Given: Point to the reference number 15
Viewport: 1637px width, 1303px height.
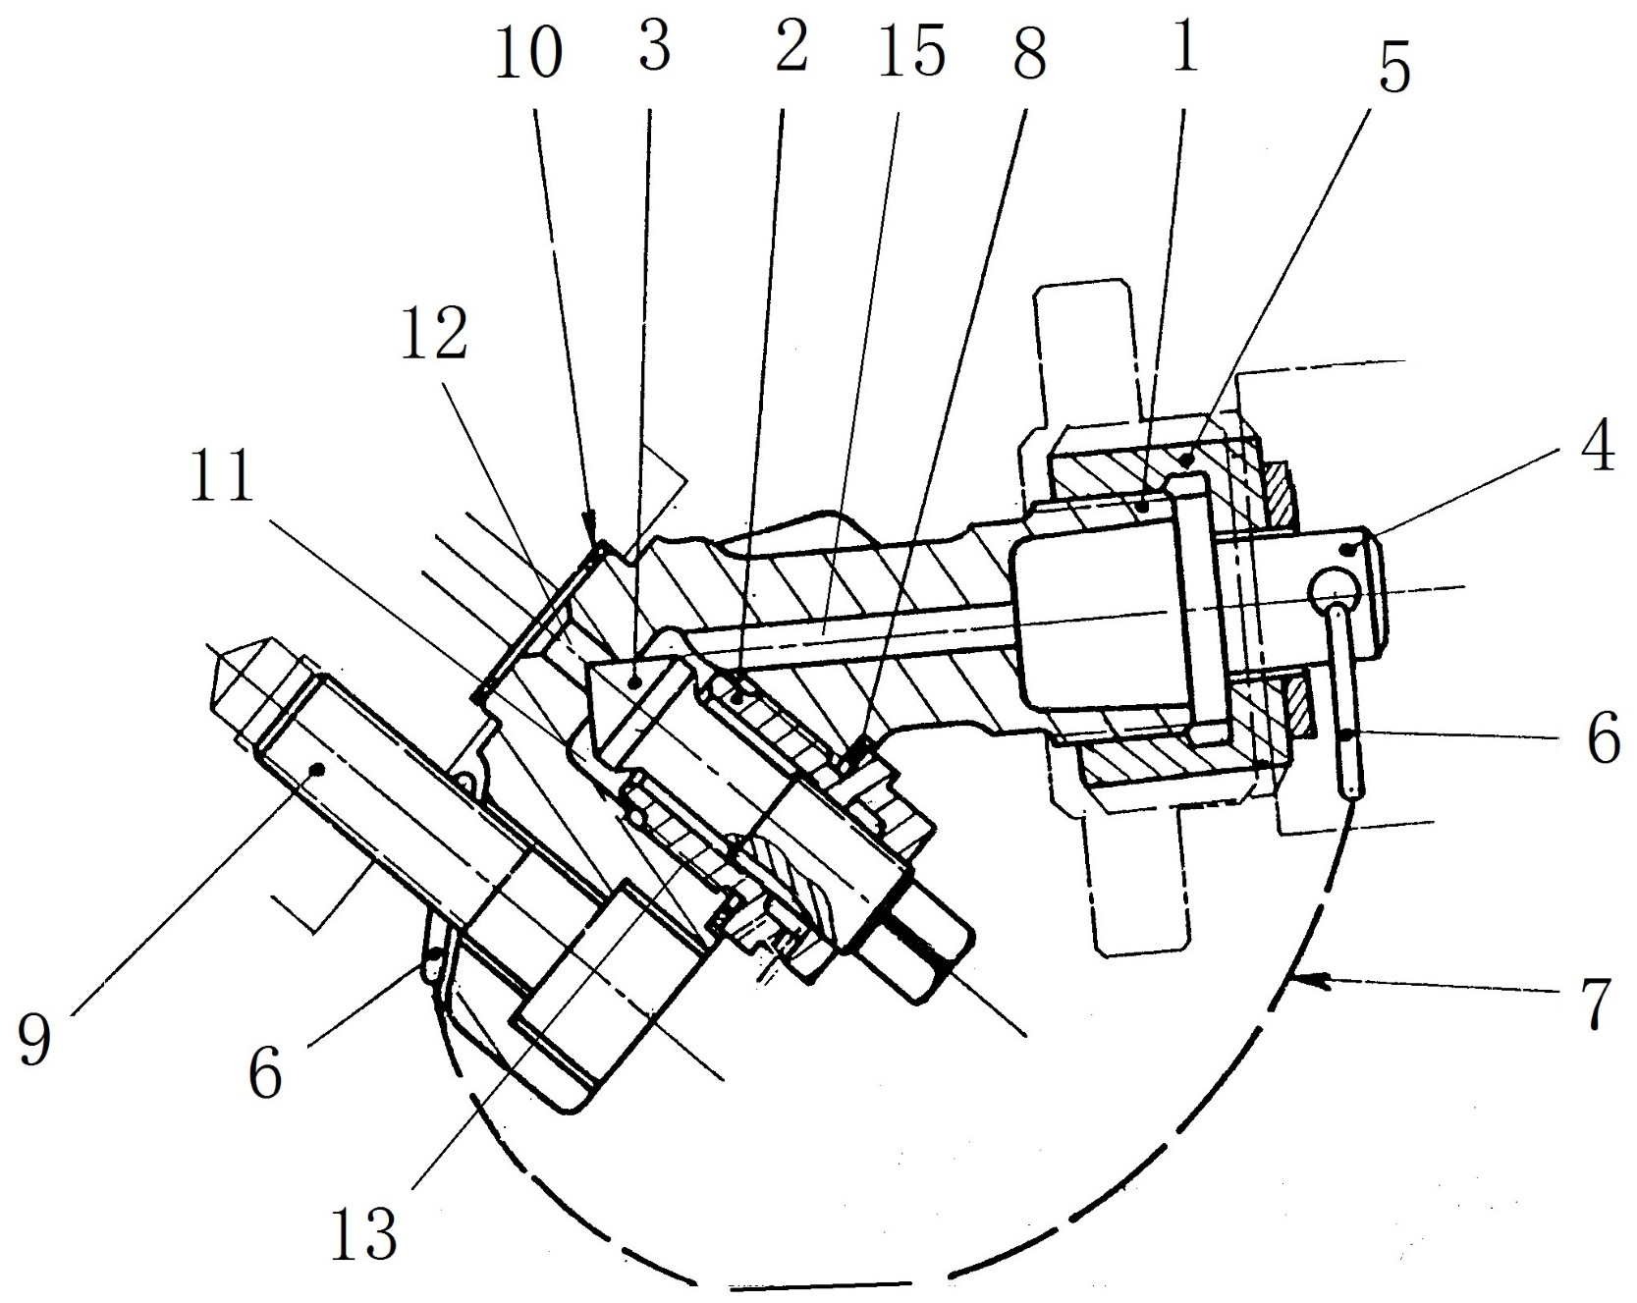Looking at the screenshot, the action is (912, 50).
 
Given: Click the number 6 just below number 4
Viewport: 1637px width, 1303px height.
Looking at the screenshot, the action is (1604, 738).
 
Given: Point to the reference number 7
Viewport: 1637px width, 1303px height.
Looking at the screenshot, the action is (1597, 1003).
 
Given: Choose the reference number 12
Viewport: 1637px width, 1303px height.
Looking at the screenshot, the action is (433, 334).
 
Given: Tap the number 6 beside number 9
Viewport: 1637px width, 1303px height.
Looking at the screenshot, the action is (265, 1071).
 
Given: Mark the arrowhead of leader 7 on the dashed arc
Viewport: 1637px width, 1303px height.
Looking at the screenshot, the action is (1303, 978).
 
